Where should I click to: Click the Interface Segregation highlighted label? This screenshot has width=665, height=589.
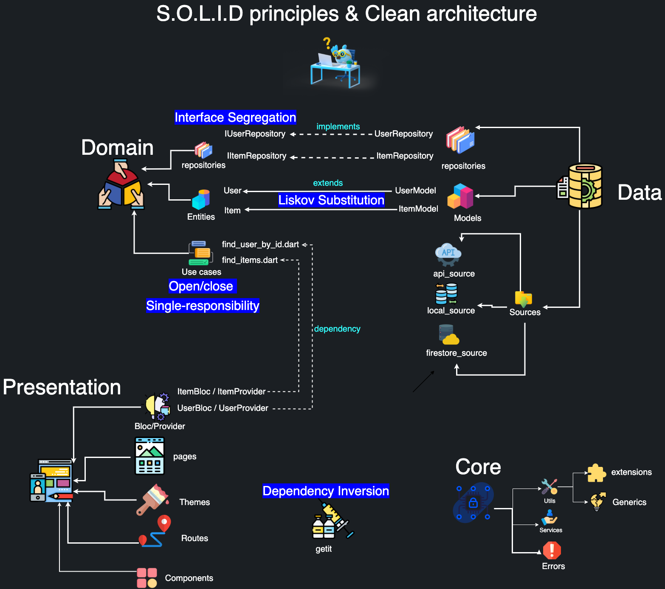click(x=235, y=117)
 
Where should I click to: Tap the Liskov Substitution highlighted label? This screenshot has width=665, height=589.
click(x=331, y=200)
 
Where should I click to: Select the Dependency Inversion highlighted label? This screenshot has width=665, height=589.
click(x=326, y=491)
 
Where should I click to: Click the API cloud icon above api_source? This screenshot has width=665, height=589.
click(x=448, y=254)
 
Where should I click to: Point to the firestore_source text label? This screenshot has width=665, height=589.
click(x=456, y=353)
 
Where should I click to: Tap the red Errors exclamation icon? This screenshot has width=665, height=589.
click(x=552, y=550)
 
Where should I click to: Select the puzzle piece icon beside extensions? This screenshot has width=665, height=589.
click(x=597, y=473)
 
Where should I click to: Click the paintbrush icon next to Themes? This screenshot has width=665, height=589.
click(x=152, y=500)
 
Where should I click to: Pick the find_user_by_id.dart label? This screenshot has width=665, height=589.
click(x=260, y=244)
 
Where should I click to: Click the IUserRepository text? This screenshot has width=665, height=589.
click(x=255, y=134)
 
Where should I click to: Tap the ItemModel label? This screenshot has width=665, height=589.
click(x=418, y=209)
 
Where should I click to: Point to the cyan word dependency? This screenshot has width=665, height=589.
click(x=337, y=329)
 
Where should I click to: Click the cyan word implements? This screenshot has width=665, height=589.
click(x=338, y=126)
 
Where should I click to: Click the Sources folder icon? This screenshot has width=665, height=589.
click(x=524, y=299)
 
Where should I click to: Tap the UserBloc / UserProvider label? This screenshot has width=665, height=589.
click(x=223, y=408)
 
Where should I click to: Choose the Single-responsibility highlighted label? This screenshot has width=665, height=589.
click(x=203, y=306)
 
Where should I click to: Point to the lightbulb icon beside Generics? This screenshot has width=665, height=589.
click(x=597, y=502)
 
